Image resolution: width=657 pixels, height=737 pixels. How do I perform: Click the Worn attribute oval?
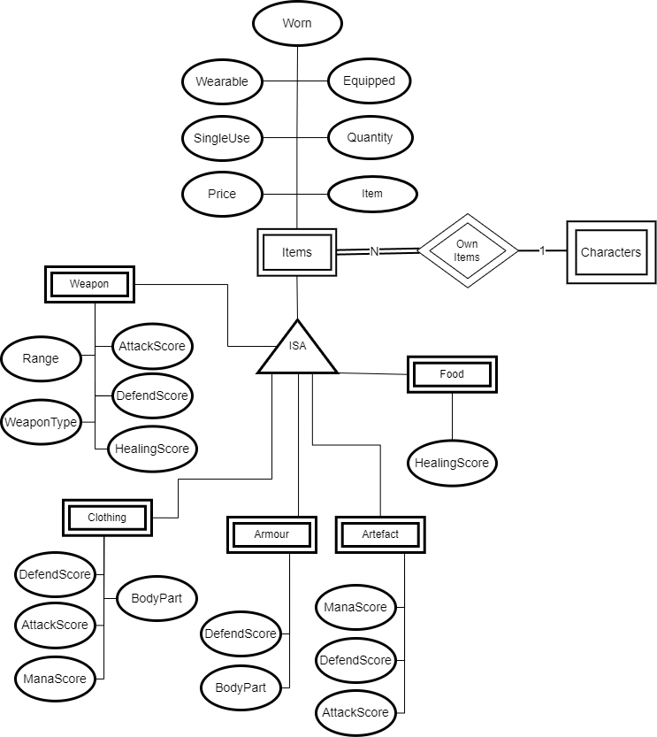pos(297,24)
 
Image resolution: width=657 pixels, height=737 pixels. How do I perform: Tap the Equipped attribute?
pos(370,81)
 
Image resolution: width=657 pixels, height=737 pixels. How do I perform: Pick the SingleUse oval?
pos(222,138)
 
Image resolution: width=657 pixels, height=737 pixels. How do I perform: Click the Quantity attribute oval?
pos(370,138)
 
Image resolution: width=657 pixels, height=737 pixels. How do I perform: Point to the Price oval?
pos(222,193)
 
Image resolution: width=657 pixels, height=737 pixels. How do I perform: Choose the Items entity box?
pos(297,252)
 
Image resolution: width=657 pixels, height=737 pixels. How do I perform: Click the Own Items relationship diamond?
pos(467,251)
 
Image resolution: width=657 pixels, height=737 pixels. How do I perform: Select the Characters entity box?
pos(611,252)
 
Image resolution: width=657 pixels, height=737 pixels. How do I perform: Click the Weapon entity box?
pos(89,284)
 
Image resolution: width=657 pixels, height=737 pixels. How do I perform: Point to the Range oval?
pos(42,358)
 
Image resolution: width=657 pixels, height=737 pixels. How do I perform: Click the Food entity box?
pos(452,374)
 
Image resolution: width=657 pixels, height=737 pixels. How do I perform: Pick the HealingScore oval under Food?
pos(452,463)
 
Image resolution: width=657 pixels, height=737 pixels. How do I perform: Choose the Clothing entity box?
pos(107,518)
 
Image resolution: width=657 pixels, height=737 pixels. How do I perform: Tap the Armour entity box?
pos(271,534)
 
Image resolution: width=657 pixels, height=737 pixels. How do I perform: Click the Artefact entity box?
pos(381,534)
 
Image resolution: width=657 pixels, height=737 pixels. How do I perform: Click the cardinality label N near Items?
pos(374,251)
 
